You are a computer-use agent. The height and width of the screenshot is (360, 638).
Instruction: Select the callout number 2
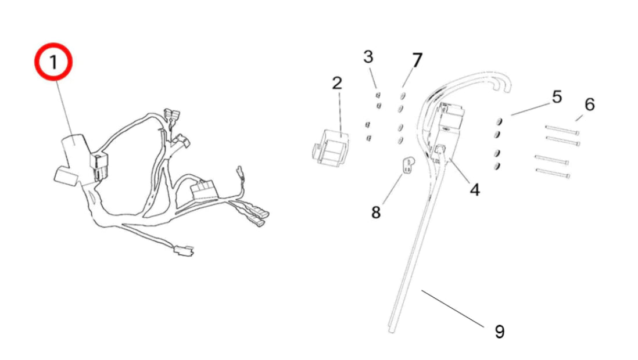click(337, 83)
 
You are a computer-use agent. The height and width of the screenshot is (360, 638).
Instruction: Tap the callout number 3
click(368, 57)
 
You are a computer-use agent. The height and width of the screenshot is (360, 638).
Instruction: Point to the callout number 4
click(475, 189)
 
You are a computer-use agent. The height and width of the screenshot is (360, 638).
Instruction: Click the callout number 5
click(557, 97)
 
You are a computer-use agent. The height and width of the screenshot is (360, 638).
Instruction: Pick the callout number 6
click(589, 105)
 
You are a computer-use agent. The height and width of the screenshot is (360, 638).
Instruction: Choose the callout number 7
click(417, 60)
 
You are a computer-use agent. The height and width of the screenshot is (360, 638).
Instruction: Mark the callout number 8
click(376, 213)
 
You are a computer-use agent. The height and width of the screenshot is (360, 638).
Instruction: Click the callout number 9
click(499, 332)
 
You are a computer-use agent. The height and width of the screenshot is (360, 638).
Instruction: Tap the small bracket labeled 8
click(409, 164)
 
